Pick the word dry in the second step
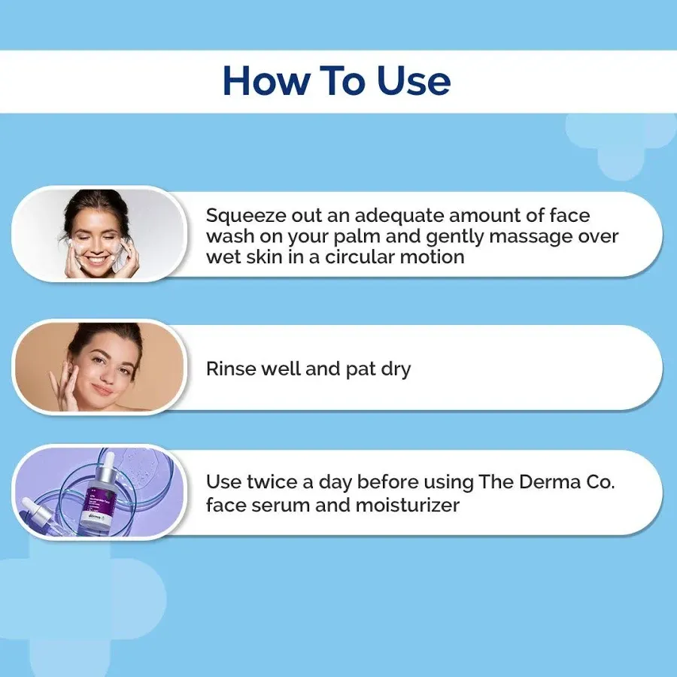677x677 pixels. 395,369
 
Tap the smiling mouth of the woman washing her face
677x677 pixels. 100,260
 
